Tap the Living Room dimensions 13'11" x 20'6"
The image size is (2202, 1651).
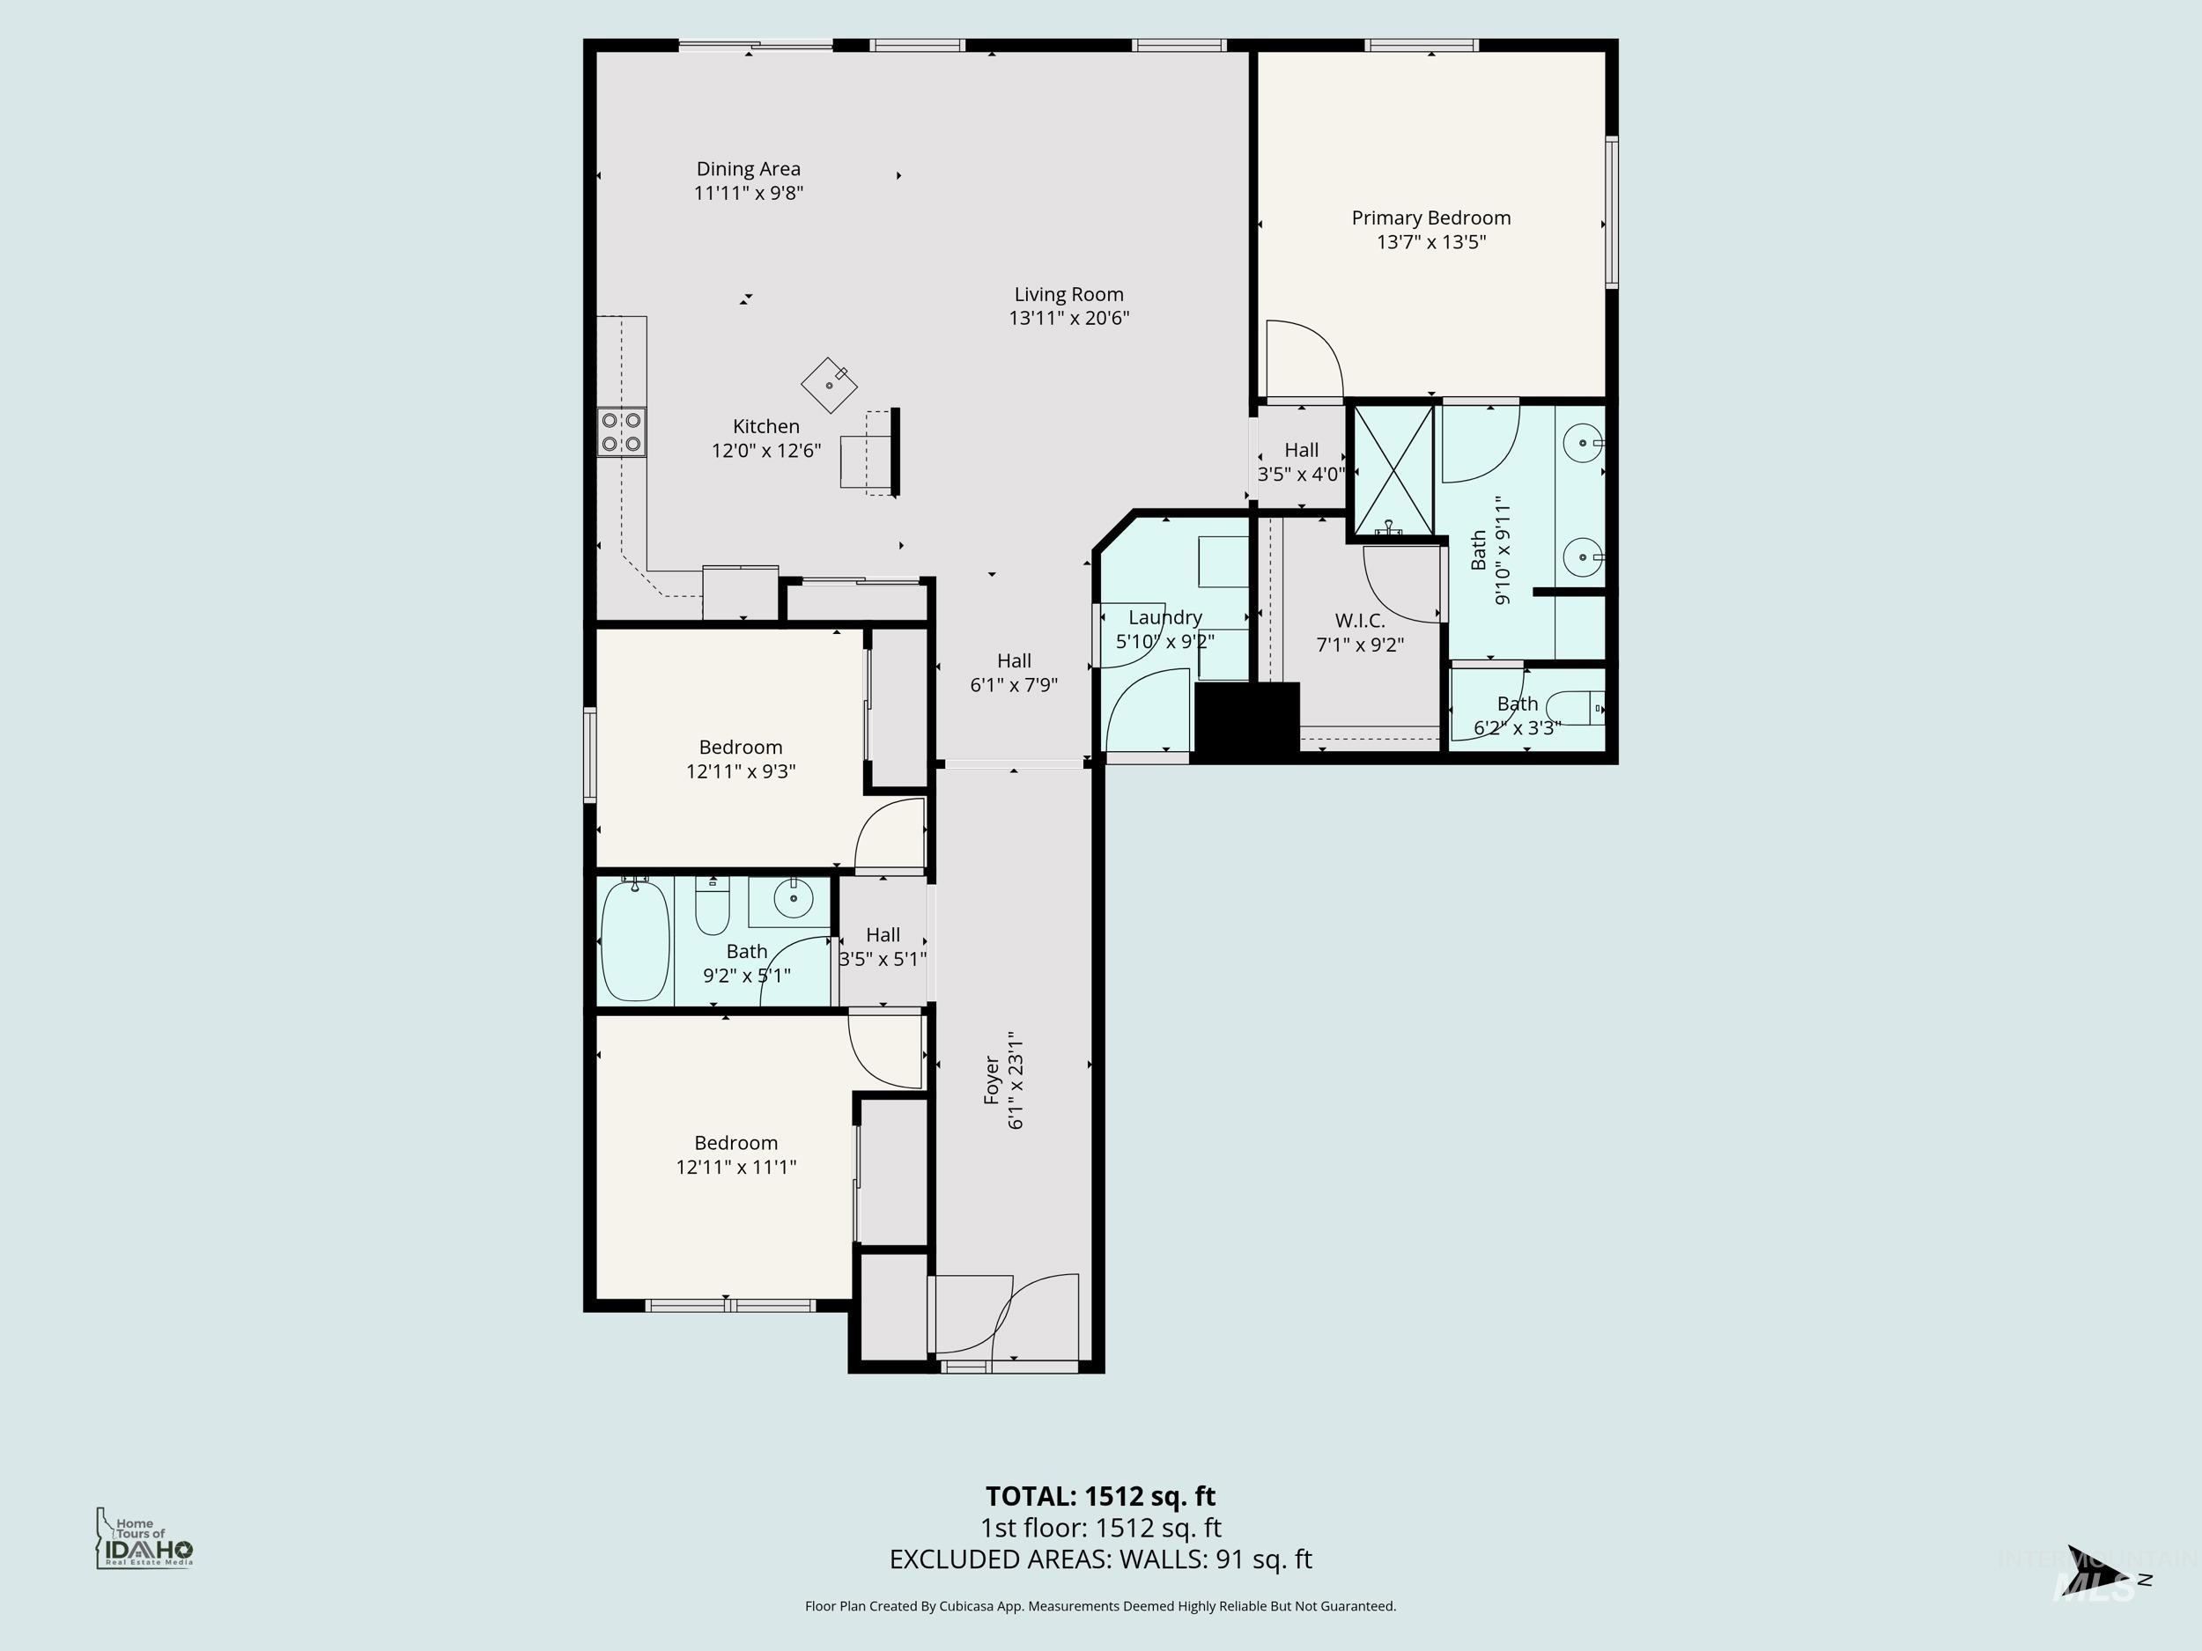[x=1068, y=319]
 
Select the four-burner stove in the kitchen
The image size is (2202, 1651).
[x=621, y=432]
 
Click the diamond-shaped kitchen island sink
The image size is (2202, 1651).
[x=829, y=384]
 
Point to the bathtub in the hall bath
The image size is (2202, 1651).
[x=635, y=940]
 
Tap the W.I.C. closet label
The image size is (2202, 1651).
[x=1360, y=621]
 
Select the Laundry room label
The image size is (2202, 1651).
[x=1164, y=617]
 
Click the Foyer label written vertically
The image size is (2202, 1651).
[x=992, y=1079]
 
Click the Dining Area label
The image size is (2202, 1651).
[x=748, y=169]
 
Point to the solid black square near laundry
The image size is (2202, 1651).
[x=1246, y=719]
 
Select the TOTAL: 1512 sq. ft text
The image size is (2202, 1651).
[x=1100, y=1496]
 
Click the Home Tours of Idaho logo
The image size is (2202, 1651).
[x=144, y=1538]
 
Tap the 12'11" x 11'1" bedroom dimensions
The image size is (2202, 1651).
[x=735, y=1167]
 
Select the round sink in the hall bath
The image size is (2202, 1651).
[x=794, y=900]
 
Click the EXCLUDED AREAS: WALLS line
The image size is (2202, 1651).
[x=1100, y=1559]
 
